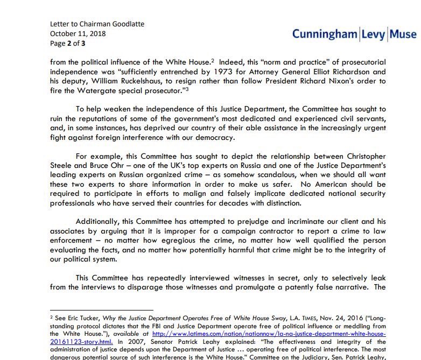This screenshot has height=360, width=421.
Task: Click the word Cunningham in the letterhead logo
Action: [324, 34]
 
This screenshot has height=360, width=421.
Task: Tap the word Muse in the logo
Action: [401, 34]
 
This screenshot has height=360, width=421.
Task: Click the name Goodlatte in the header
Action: [125, 24]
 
